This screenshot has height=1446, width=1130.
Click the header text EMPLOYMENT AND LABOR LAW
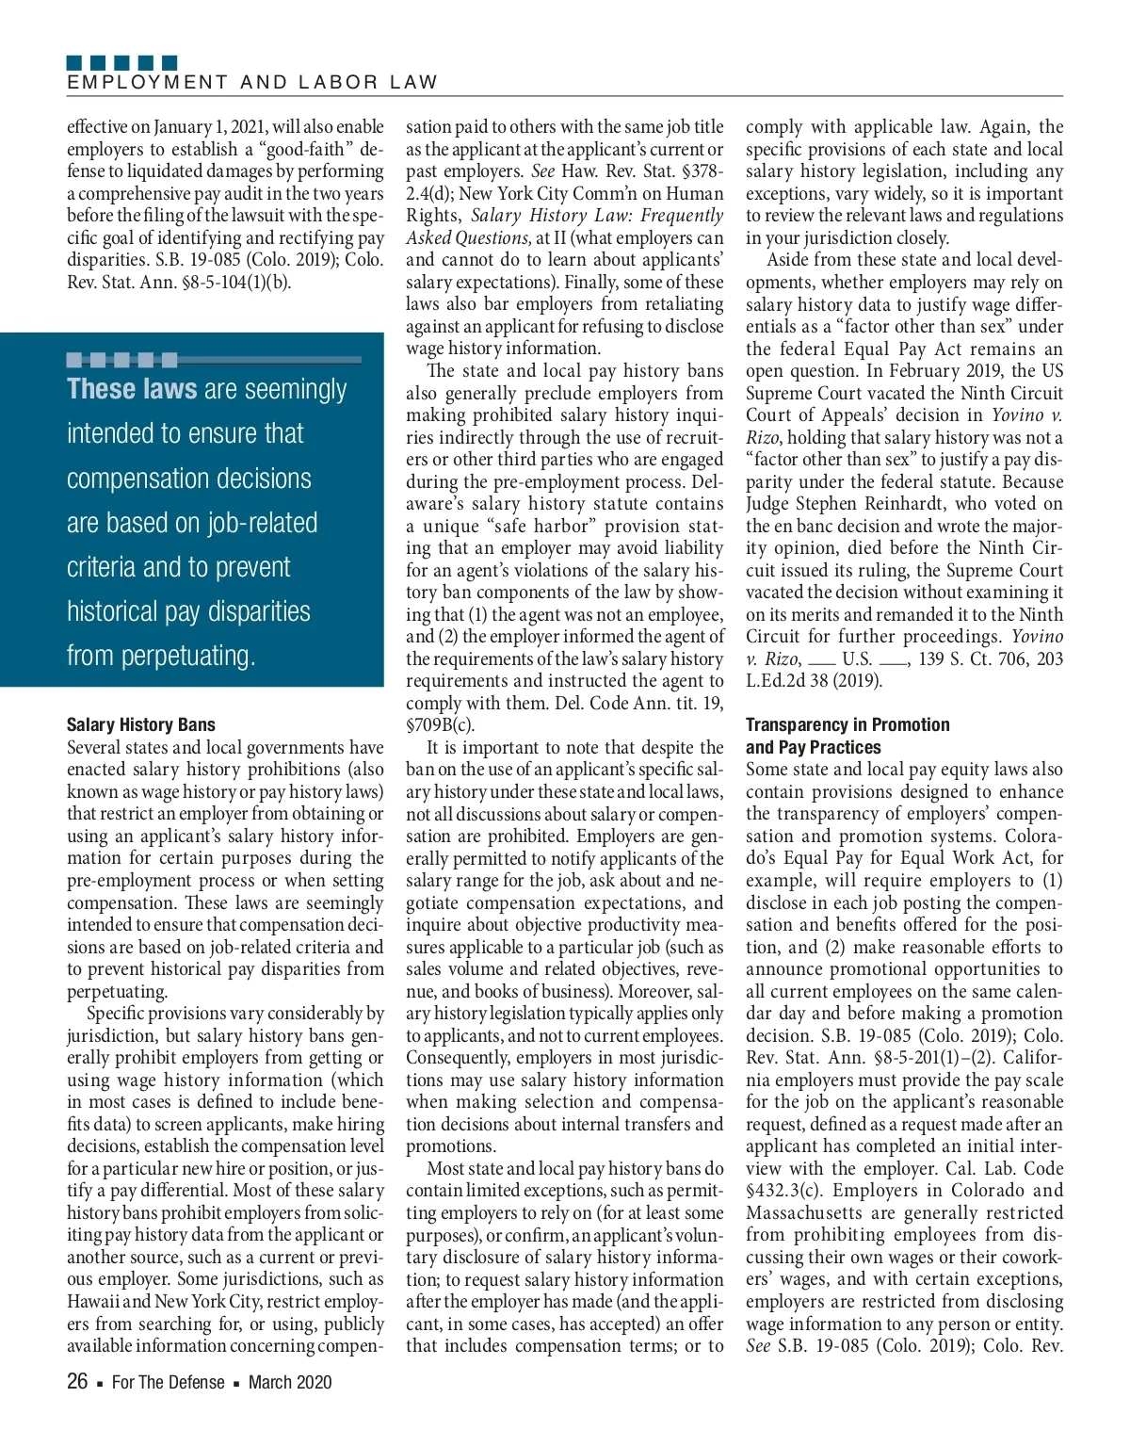(252, 83)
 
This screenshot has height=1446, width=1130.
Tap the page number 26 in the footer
(77, 1382)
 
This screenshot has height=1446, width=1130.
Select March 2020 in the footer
(290, 1382)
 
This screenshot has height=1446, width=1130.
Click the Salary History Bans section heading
(141, 724)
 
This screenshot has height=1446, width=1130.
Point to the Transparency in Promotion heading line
(847, 724)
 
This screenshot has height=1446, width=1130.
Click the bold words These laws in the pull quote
(132, 389)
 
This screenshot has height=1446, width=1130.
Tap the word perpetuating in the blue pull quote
(161, 656)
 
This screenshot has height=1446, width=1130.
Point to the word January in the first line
(187, 127)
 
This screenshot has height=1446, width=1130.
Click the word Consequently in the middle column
(459, 1058)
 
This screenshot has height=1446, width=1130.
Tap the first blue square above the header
(74, 63)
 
